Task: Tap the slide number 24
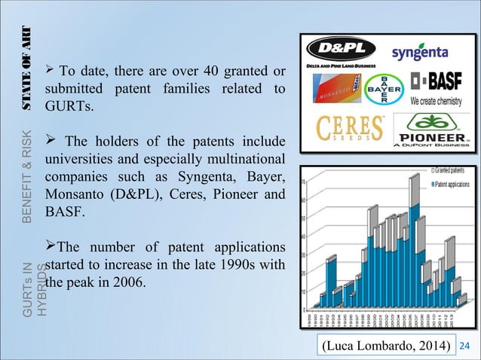464,344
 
